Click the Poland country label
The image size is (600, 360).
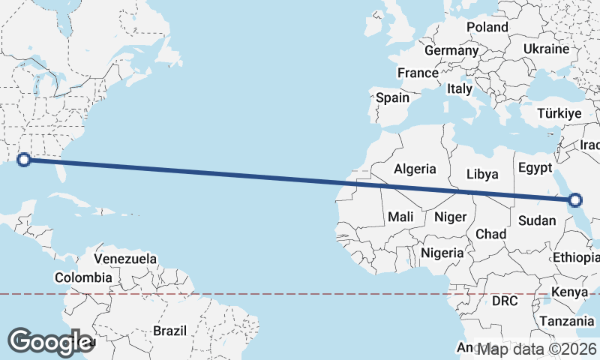(x=487, y=27)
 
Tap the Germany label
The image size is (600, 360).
(x=451, y=51)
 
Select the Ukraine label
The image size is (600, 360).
(x=546, y=48)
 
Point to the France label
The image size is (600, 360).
(x=418, y=73)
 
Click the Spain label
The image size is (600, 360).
(x=393, y=97)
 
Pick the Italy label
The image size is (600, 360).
(x=460, y=88)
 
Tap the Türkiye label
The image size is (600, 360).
(x=559, y=114)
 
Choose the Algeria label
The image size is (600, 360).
(x=415, y=169)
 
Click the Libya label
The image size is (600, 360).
(x=482, y=174)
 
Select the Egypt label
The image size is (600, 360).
(x=535, y=167)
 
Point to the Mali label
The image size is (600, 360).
(x=401, y=217)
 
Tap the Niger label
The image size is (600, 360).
(x=451, y=217)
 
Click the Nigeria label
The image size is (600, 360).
(x=442, y=253)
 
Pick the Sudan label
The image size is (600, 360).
(x=537, y=220)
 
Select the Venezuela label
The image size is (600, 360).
(x=125, y=259)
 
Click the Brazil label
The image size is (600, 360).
(x=169, y=330)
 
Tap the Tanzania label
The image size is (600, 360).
(x=567, y=320)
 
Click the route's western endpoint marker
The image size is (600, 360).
(x=24, y=159)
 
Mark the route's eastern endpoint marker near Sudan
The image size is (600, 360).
(x=575, y=199)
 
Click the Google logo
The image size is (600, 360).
(x=50, y=342)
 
